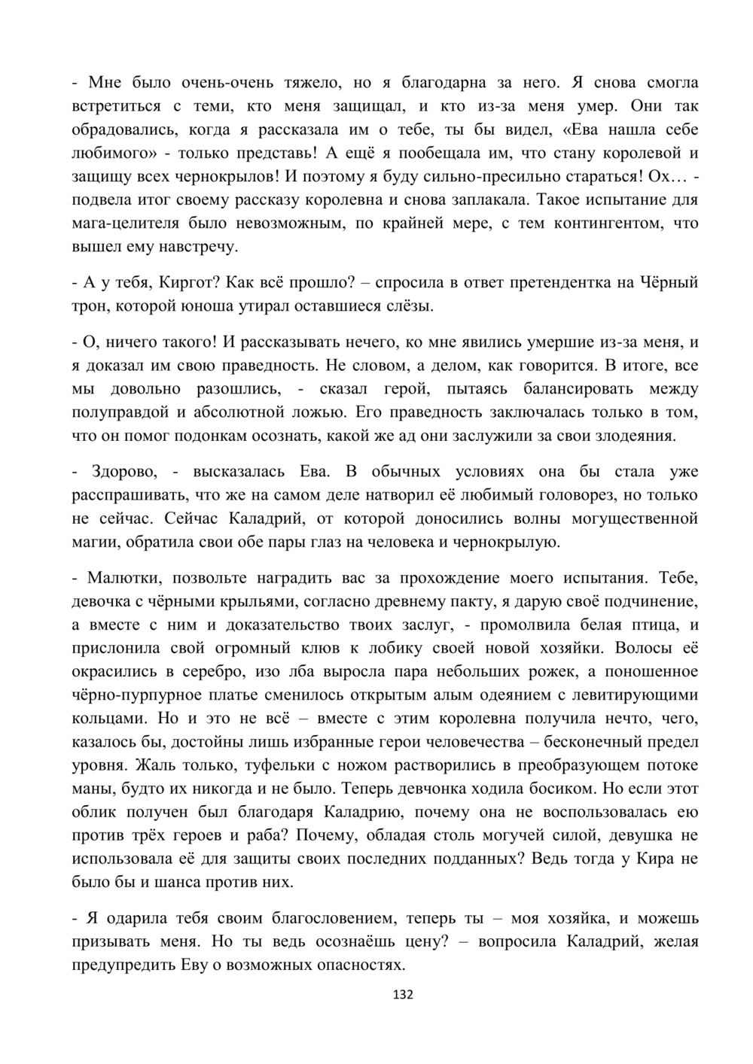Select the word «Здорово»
pyautogui.click(x=123, y=472)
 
